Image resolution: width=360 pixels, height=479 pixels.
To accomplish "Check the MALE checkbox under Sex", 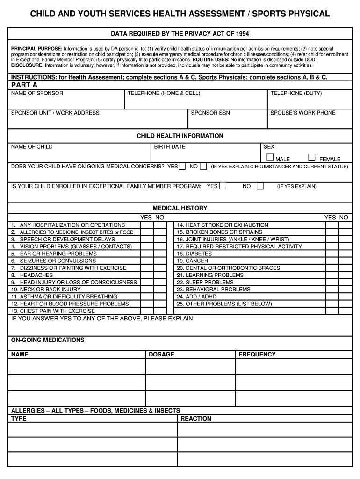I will tap(270, 158).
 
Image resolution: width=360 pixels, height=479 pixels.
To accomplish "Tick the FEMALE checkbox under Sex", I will tap(312, 158).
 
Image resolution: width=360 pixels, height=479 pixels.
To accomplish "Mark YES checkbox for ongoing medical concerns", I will tap(182, 166).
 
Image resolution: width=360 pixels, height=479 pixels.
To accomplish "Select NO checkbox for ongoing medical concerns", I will tap(203, 166).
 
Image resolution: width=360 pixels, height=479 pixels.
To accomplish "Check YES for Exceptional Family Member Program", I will tap(223, 186).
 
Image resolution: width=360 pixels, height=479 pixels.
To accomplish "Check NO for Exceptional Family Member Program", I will tap(260, 186).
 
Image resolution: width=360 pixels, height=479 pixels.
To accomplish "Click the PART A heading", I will tap(24, 85).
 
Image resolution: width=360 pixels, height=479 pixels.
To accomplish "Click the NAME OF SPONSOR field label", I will tap(37, 93).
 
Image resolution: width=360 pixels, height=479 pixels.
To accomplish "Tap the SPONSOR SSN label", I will tap(210, 113).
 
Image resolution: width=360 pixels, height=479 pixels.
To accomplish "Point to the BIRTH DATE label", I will tap(170, 146).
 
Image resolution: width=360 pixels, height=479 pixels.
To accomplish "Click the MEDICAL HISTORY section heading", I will tap(180, 208).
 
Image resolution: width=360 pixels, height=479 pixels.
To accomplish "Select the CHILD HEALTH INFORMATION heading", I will tap(180, 136).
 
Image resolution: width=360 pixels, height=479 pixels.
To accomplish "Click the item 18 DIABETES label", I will tap(194, 254).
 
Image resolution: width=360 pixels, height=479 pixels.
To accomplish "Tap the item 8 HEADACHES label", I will tap(32, 275).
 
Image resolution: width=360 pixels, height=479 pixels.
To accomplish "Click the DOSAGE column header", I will tap(161, 354).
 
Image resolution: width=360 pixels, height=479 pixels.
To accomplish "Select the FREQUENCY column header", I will tap(257, 354).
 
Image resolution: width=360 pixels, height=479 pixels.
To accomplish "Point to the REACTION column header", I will tap(196, 418).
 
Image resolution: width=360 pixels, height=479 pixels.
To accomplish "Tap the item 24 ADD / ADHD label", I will tap(196, 297).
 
